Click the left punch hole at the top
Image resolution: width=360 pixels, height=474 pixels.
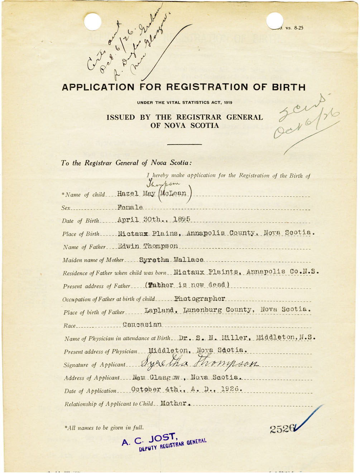tap(92, 22)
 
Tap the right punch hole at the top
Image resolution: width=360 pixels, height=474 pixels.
tap(275, 21)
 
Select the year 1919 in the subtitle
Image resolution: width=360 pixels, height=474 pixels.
tap(228, 103)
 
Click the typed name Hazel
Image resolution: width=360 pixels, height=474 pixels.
tap(128, 193)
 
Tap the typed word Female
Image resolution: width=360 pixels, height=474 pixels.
tap(130, 207)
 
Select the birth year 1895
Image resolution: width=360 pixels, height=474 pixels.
tap(182, 219)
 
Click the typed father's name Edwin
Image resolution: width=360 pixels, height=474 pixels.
tap(128, 246)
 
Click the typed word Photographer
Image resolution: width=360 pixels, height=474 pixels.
tap(200, 298)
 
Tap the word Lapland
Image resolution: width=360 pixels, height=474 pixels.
tap(159, 310)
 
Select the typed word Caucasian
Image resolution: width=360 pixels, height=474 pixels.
tap(142, 324)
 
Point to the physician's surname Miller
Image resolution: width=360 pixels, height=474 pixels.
tap(235, 337)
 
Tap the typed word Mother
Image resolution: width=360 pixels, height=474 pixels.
tap(174, 403)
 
